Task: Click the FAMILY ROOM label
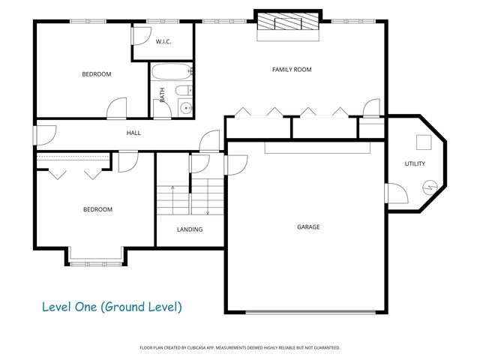pos(291,70)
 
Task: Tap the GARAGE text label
pos(307,226)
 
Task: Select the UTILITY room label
pos(415,163)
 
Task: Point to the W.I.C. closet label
pos(163,42)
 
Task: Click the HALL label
pos(133,133)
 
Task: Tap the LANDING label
pos(190,229)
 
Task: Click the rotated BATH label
pos(162,94)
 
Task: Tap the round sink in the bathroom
pos(184,108)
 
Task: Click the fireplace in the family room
pos(289,23)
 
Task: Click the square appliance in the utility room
pos(422,142)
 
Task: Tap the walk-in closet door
pos(140,36)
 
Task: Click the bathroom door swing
pos(161,109)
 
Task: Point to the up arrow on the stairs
pos(173,188)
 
